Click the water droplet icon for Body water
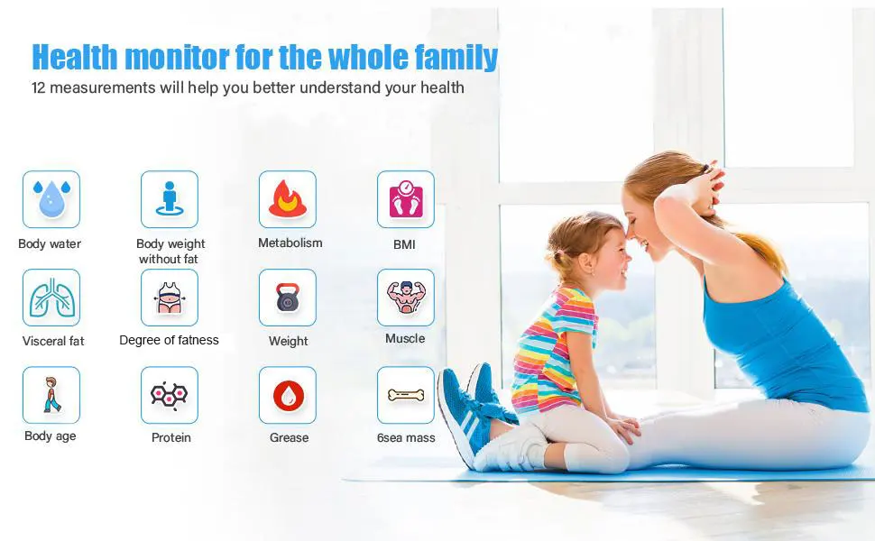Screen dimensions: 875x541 [x=51, y=199]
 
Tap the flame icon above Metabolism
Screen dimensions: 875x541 [x=288, y=198]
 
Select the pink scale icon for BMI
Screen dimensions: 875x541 [x=406, y=199]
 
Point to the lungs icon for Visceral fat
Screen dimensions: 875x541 [x=51, y=298]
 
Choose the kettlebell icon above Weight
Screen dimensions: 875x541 [x=288, y=298]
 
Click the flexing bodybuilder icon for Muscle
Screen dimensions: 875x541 [x=406, y=297]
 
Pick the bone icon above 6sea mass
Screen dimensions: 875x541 [x=406, y=396]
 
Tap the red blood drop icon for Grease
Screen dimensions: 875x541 [x=288, y=396]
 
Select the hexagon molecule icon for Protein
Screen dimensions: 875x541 [x=169, y=396]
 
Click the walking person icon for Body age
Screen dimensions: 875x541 [x=51, y=395]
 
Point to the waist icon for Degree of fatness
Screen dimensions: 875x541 [x=169, y=298]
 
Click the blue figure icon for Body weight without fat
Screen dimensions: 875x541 [x=170, y=198]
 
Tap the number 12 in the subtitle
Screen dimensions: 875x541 [x=38, y=88]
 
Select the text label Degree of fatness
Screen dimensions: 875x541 [x=169, y=340]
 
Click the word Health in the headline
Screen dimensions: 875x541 [x=76, y=58]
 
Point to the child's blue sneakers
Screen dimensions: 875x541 [x=474, y=410]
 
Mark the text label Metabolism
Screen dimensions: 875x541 [x=290, y=243]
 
